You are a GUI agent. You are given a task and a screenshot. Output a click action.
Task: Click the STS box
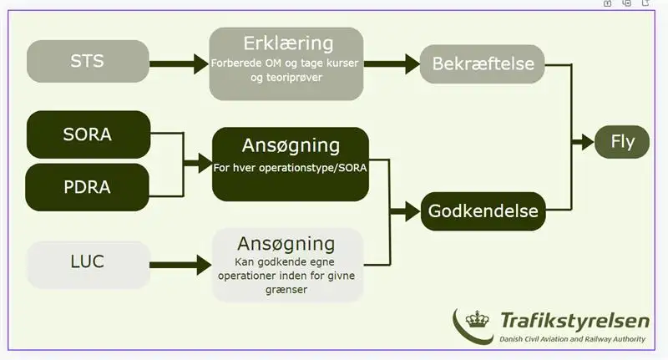88,61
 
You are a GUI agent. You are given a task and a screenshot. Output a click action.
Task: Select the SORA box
89,134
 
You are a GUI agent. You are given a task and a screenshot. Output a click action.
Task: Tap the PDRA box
88,187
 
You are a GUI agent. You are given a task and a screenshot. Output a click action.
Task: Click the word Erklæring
288,43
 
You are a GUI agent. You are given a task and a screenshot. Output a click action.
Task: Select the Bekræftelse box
483,64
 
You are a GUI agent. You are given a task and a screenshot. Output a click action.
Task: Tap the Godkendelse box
483,211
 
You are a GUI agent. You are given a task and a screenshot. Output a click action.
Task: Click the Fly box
622,142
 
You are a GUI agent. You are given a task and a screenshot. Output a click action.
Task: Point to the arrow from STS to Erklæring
179,64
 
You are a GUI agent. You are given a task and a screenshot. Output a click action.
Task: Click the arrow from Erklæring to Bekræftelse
392,64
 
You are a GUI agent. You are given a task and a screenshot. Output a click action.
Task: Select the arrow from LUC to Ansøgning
180,265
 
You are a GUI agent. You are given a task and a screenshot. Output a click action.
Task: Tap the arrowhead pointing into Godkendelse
412,211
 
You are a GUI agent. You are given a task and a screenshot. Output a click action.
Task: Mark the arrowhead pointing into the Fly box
587,142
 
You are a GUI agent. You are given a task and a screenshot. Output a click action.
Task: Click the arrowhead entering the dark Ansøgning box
205,163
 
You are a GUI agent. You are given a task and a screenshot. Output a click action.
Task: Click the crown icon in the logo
477,319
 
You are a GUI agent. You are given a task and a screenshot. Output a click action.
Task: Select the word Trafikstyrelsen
574,321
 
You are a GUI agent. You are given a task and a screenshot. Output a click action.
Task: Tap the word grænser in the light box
286,290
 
